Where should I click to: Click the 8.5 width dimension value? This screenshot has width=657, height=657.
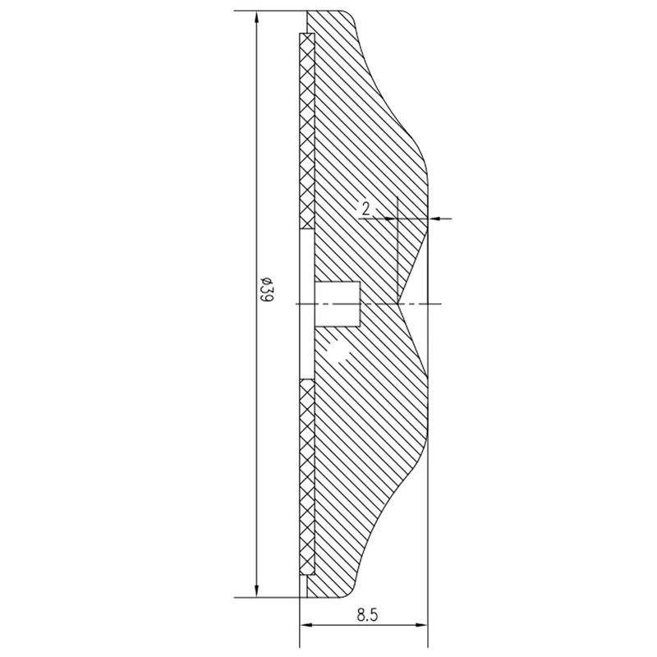(x=367, y=613)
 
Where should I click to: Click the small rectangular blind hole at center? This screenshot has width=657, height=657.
(x=337, y=304)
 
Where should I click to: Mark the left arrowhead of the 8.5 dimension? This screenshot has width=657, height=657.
(x=306, y=626)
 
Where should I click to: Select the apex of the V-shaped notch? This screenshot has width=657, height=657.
(x=398, y=304)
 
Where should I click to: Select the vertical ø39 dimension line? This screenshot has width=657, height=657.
(x=258, y=411)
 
